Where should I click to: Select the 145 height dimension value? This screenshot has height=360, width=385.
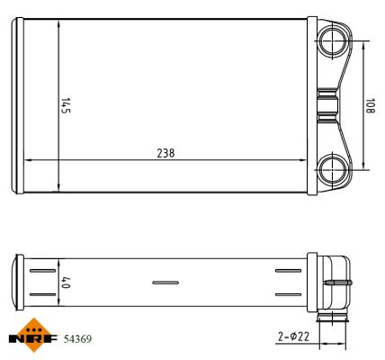point(66,105)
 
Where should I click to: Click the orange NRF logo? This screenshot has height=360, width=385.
point(31,335)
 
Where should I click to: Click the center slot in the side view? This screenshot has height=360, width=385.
point(166,283)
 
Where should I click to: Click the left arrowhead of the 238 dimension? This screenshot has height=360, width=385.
point(27,160)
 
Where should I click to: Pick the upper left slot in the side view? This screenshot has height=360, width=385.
point(42,270)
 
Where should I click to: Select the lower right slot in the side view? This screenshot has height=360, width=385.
point(288,294)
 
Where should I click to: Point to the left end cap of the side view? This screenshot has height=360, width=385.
point(20,283)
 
